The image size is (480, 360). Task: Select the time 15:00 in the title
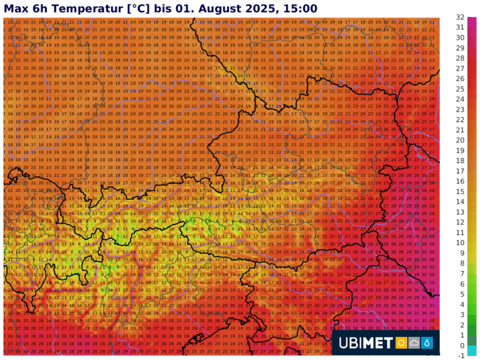tap(300, 8)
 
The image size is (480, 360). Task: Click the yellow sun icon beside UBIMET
tap(400, 343)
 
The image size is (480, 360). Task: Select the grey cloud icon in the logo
tap(413, 343)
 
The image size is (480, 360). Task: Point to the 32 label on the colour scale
tap(461, 18)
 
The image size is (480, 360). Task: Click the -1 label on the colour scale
tap(461, 356)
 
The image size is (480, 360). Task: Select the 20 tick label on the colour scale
tap(461, 140)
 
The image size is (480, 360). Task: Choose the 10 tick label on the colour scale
tap(461, 243)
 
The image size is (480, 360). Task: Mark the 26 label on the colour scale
tap(461, 79)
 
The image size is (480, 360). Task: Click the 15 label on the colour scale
tap(461, 191)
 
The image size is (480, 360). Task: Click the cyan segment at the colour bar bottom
tap(472, 351)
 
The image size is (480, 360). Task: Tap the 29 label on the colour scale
tap(461, 48)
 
